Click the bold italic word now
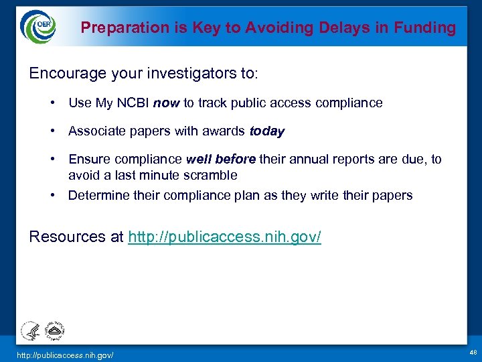point(166,103)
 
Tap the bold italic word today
point(267,131)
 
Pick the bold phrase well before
point(220,160)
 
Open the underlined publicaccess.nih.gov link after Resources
point(224,238)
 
